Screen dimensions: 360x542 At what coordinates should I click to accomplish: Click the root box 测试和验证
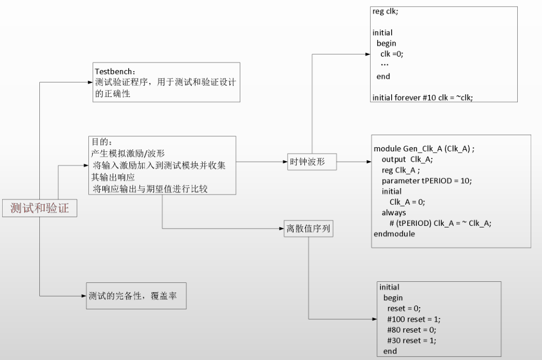point(39,208)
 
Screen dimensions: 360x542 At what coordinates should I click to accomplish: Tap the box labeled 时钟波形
point(311,162)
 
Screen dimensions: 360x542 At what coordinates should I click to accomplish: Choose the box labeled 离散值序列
point(309,229)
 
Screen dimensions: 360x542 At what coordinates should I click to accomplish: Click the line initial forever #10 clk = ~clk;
point(422,98)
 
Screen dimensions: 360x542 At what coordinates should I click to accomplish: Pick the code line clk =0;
point(392,54)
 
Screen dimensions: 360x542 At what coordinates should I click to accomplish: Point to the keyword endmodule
point(394,234)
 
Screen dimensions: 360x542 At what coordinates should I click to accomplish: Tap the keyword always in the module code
point(394,213)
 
